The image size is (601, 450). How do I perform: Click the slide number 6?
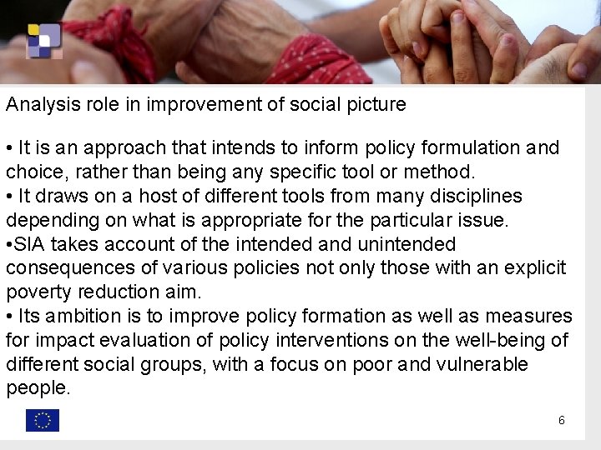[562, 421]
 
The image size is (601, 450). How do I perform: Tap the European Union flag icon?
[43, 421]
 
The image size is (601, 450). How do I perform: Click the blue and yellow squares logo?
[43, 40]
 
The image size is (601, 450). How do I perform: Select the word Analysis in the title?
[38, 105]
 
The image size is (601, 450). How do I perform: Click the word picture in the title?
[377, 105]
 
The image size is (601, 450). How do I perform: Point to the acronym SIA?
[31, 244]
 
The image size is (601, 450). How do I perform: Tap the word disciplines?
[470, 197]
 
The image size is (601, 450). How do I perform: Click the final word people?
[37, 388]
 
